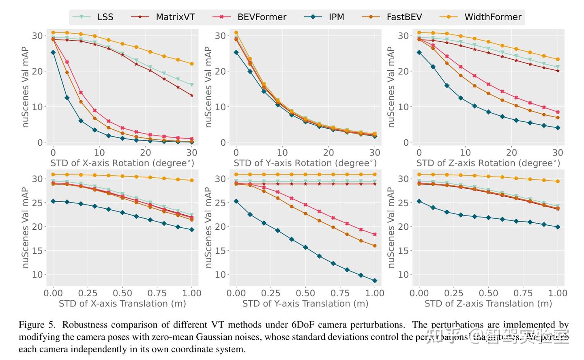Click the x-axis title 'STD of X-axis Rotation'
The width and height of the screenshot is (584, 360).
pyautogui.click(x=122, y=163)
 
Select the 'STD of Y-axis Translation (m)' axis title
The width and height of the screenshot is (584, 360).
pyautogui.click(x=305, y=304)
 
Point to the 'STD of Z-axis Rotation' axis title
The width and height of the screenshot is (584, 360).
pyautogui.click(x=488, y=163)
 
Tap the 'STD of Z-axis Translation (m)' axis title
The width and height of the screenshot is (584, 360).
pyautogui.click(x=488, y=304)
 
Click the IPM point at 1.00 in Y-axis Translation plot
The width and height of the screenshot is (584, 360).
pyautogui.click(x=375, y=280)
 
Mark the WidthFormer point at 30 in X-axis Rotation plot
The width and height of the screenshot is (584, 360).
pyautogui.click(x=192, y=64)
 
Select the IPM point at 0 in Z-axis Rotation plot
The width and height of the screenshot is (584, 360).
pyautogui.click(x=419, y=52)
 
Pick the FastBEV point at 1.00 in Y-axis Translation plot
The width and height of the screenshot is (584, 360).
pyautogui.click(x=375, y=246)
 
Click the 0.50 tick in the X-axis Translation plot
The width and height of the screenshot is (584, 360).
pyautogui.click(x=122, y=293)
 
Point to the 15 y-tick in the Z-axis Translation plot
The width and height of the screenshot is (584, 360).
pyautogui.click(x=403, y=251)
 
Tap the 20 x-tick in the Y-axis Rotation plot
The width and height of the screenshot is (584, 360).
pyautogui.click(x=328, y=153)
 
